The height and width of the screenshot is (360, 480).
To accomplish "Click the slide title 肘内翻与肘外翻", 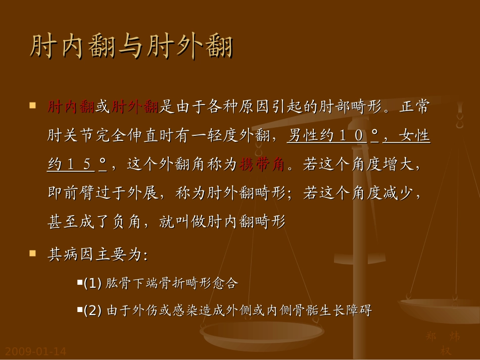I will coord(131,48).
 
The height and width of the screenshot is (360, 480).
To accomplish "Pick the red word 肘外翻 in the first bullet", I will coord(135,108).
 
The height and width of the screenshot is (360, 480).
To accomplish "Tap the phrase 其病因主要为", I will coord(97,254).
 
